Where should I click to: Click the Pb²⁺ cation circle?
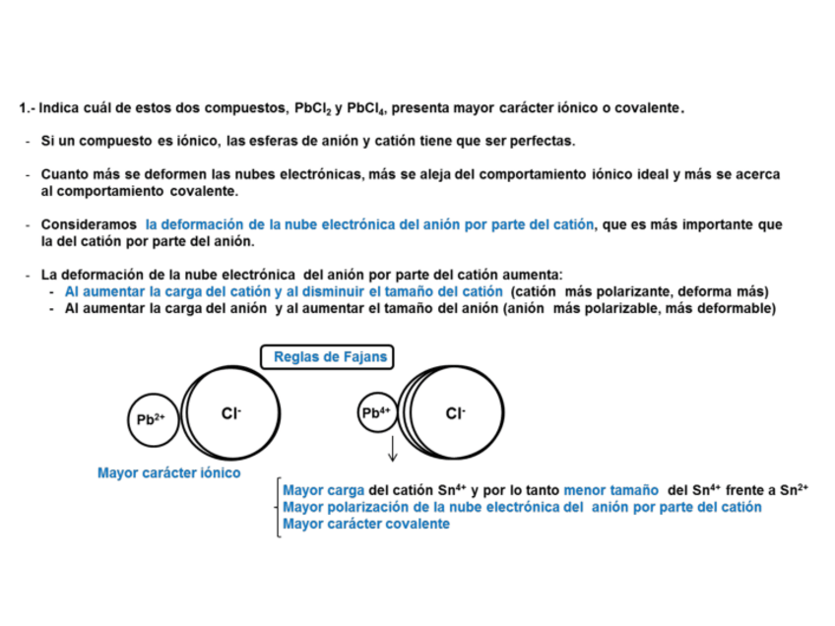pos(151,418)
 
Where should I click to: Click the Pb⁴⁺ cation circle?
pos(375,413)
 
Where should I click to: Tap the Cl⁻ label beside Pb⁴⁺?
pos(455,413)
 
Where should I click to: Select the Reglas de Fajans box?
pos(325,356)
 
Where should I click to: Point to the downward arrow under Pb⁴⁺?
pos(392,449)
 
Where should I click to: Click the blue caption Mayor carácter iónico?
pos(168,472)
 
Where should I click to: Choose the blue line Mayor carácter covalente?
pos(366,524)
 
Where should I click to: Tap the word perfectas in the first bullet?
pos(543,141)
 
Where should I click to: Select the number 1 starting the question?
pos(22,106)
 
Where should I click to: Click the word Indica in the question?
pos(58,106)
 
